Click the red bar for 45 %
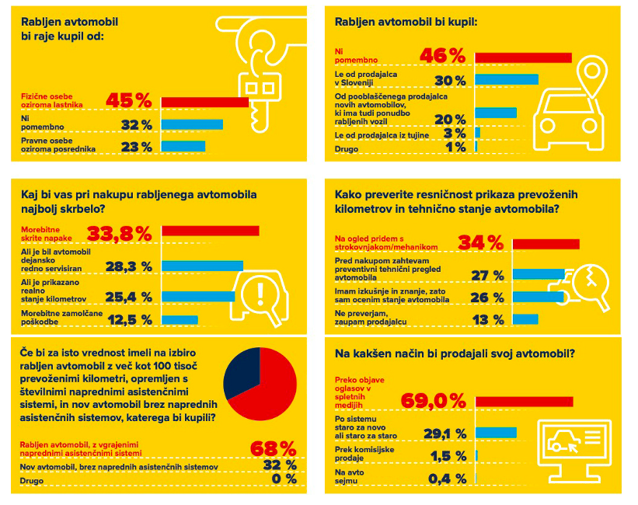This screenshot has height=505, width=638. tap(204, 102)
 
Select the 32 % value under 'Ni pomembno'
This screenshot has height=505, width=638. tap(137, 125)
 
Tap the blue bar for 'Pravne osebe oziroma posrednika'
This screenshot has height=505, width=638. tap(183, 146)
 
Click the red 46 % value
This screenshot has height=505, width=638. tap(442, 57)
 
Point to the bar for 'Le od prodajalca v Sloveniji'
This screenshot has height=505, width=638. tap(507, 79)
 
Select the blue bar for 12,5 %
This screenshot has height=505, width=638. tap(180, 320)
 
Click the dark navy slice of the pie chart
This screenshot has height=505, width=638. tap(242, 372)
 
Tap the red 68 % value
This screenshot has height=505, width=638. tap(273, 449)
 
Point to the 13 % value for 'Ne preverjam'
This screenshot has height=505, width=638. tap(487, 319)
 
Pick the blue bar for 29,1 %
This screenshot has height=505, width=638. tap(496, 433)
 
